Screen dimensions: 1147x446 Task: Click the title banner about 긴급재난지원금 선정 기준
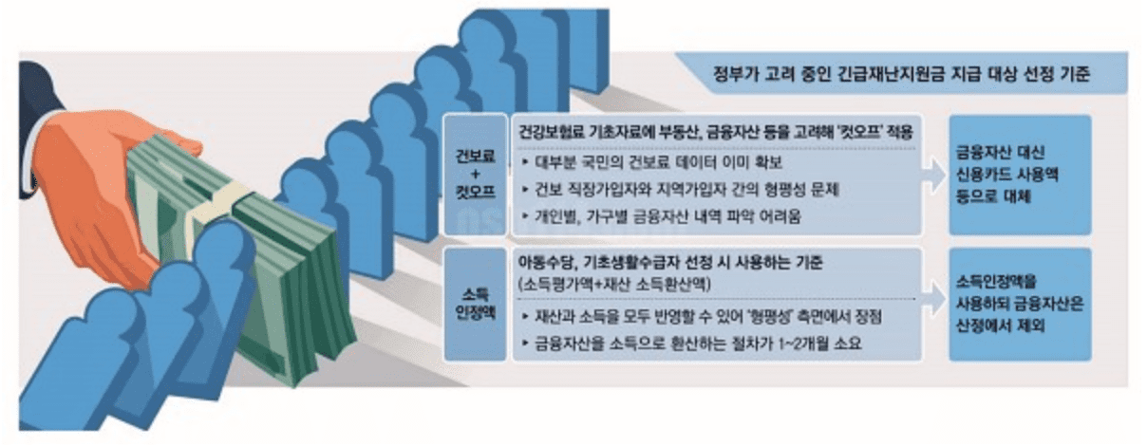[902, 73]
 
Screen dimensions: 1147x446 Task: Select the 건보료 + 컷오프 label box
[479, 176]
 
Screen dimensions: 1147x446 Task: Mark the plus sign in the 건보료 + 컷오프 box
[479, 176]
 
